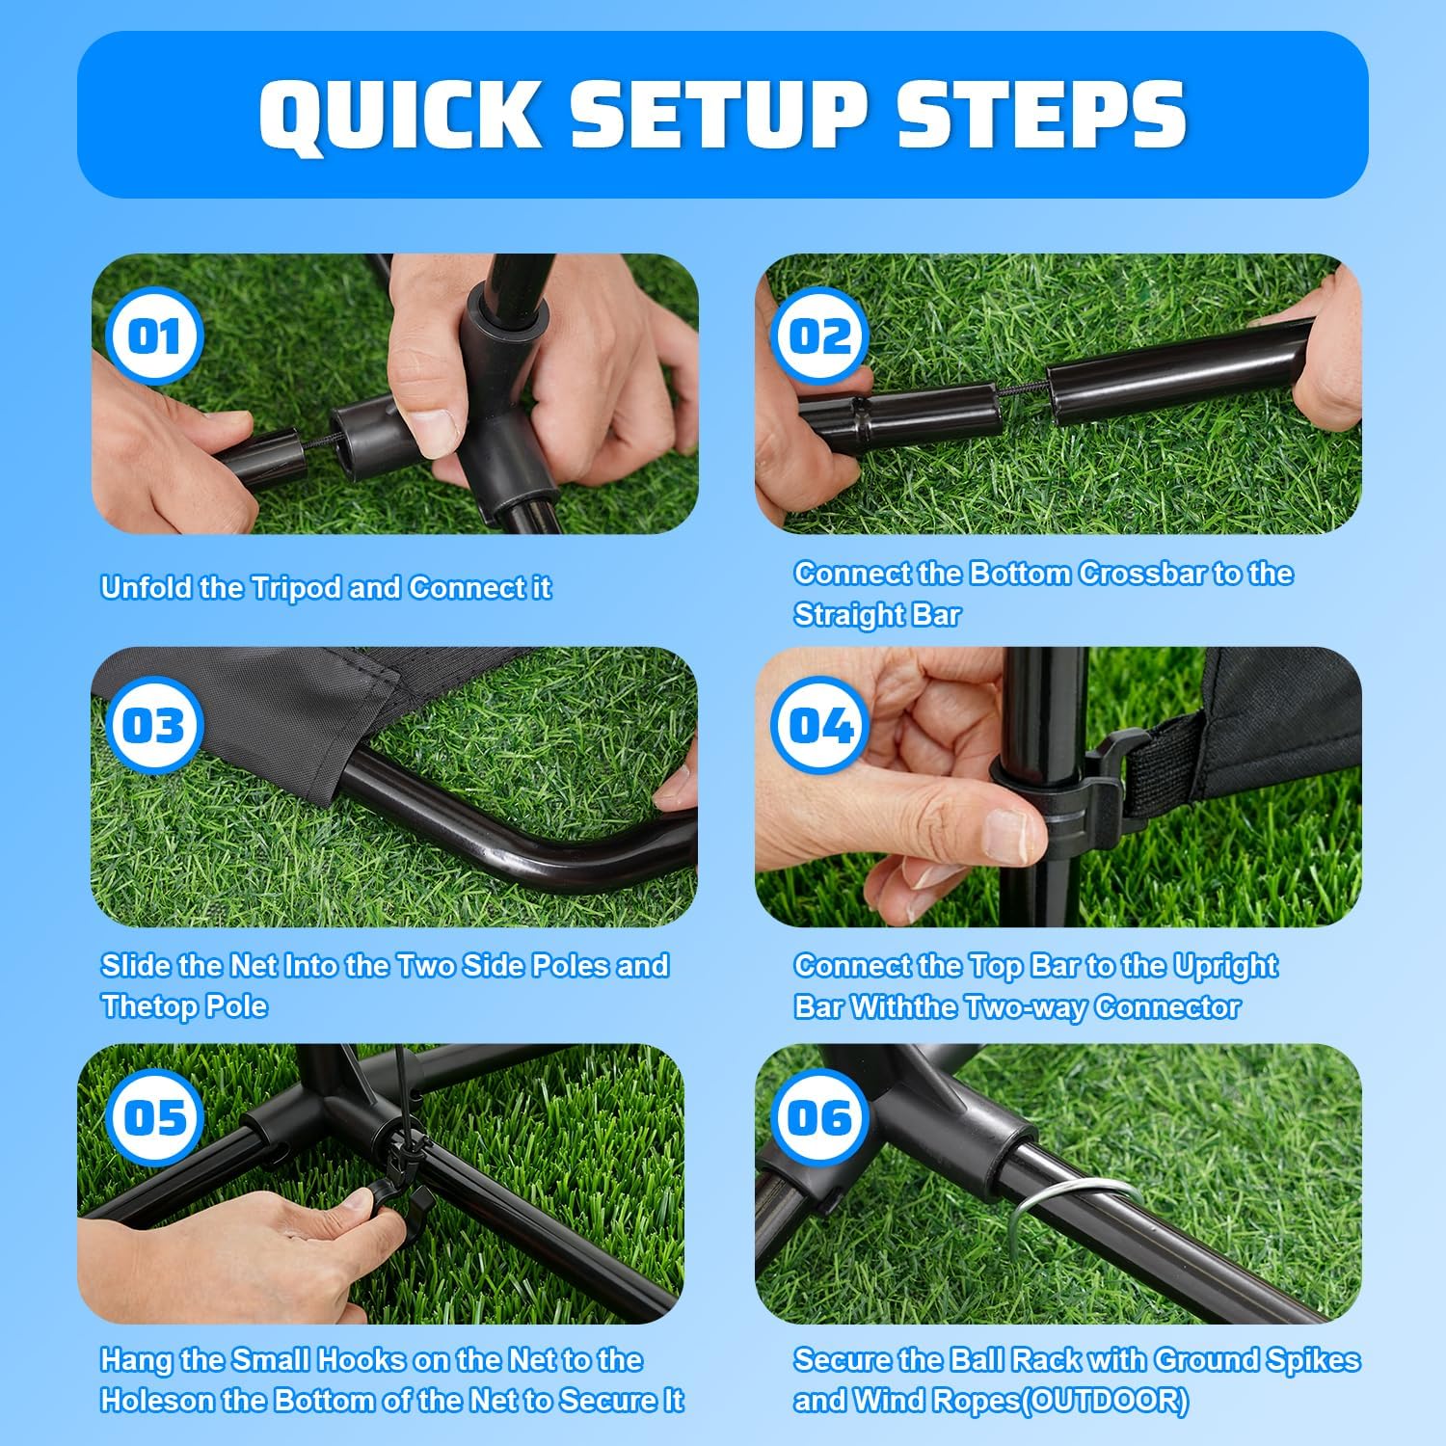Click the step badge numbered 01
(x=154, y=336)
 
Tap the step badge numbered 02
(x=820, y=336)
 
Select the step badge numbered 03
(x=154, y=725)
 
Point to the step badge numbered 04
(x=820, y=725)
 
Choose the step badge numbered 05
(x=154, y=1118)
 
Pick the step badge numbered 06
(x=820, y=1118)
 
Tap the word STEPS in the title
(x=1042, y=114)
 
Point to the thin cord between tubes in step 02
(x=1022, y=392)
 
